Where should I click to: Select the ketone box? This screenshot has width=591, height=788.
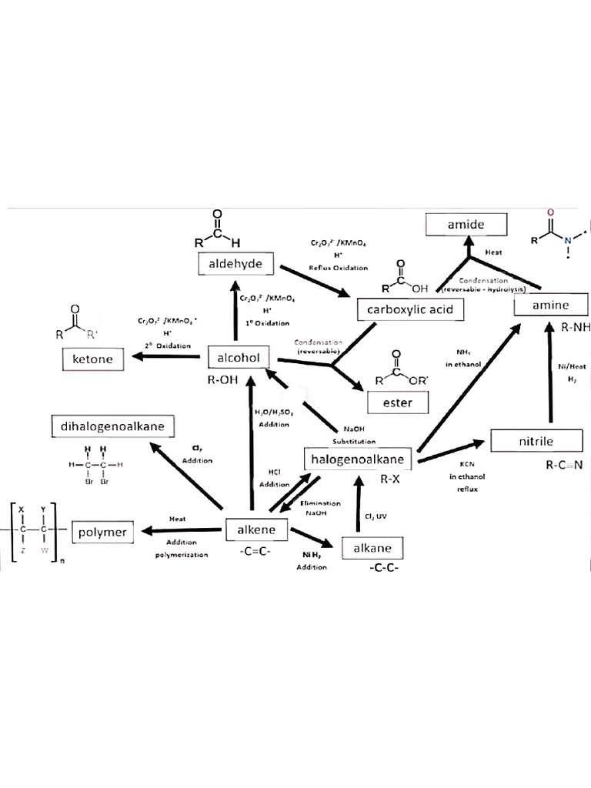pos(93,359)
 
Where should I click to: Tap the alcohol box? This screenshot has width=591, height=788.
pos(239,357)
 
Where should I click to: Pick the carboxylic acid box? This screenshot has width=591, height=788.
pos(411,309)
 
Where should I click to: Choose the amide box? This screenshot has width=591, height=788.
pos(466,225)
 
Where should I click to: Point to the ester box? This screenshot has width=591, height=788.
pos(396,402)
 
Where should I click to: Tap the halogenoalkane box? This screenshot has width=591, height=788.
pos(359,459)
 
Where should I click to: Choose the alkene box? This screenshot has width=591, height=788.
pos(256,530)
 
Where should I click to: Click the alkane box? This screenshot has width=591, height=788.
pos(372,549)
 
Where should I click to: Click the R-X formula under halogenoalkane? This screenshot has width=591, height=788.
pos(391,479)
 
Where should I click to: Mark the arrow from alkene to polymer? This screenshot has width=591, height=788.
pos(182,530)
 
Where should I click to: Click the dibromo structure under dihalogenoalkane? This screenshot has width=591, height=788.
pos(96,466)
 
